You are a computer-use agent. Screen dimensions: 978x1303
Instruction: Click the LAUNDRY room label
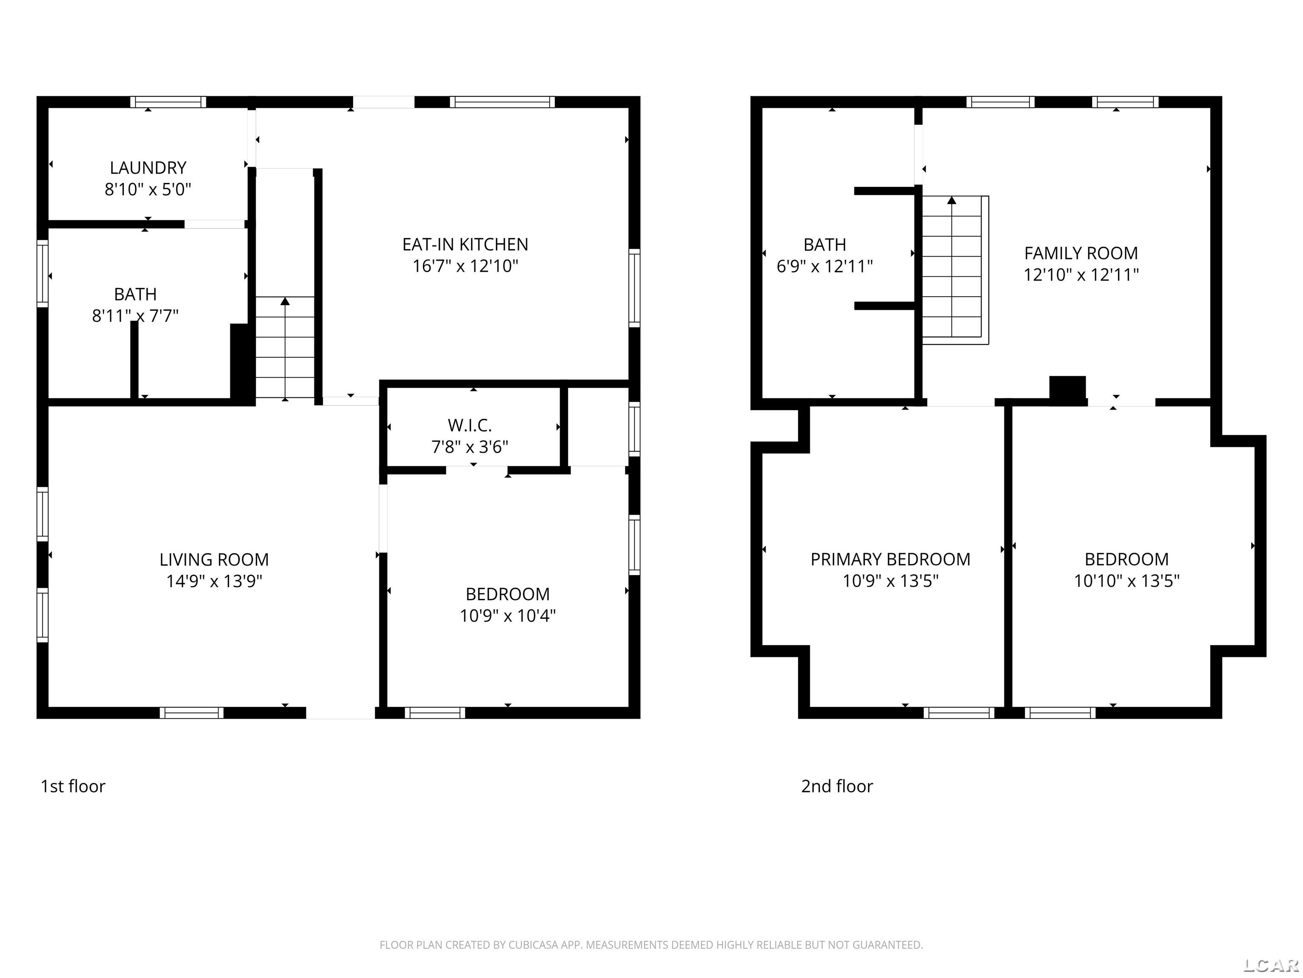click(148, 168)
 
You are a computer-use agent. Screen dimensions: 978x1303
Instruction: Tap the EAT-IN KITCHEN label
click(465, 244)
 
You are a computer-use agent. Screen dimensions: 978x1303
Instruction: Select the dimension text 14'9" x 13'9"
click(214, 581)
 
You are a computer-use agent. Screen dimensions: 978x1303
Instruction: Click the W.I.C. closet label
click(470, 425)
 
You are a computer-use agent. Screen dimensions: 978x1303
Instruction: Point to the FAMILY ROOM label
click(1080, 253)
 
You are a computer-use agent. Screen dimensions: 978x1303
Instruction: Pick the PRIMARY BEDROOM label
click(889, 559)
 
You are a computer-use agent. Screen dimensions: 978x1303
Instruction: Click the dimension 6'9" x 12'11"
click(824, 267)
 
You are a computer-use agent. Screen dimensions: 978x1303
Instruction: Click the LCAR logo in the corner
click(1271, 964)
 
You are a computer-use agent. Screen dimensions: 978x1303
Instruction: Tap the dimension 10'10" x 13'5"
click(1126, 581)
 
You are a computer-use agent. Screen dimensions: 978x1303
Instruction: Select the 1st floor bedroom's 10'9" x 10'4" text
click(507, 616)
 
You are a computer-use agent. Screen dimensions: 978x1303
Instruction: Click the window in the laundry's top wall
click(168, 102)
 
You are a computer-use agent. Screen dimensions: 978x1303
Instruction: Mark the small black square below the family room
click(1067, 390)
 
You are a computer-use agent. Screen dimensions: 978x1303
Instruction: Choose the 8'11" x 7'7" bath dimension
click(135, 316)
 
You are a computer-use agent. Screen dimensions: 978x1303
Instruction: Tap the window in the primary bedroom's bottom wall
click(959, 713)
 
